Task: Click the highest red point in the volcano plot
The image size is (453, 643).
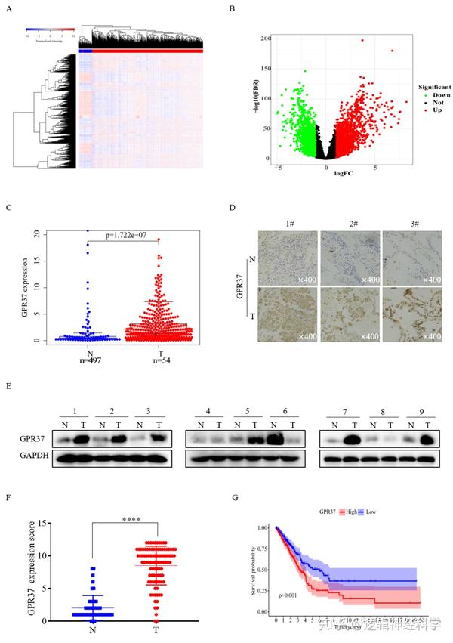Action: [362, 40]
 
